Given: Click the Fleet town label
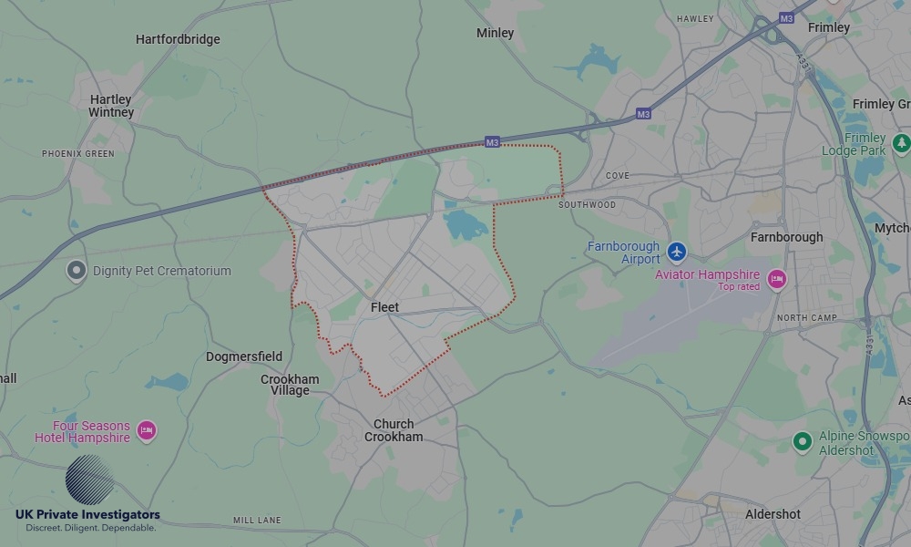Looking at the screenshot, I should pyautogui.click(x=384, y=308).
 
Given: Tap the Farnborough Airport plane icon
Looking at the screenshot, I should pyautogui.click(x=676, y=251).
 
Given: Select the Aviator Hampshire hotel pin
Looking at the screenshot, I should pyautogui.click(x=776, y=279).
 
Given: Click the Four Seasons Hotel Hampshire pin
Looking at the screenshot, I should pyautogui.click(x=146, y=429).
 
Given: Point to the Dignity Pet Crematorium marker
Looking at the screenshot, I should pyautogui.click(x=77, y=270).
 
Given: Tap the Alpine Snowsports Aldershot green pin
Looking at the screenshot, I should pyautogui.click(x=802, y=442).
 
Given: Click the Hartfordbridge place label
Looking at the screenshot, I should pyautogui.click(x=178, y=39).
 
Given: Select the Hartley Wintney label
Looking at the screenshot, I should pyautogui.click(x=111, y=106).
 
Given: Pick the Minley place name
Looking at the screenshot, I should pyautogui.click(x=495, y=33).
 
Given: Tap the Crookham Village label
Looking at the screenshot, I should pyautogui.click(x=290, y=385).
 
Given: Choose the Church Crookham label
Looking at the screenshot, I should pyautogui.click(x=394, y=430).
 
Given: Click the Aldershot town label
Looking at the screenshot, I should pyautogui.click(x=773, y=514).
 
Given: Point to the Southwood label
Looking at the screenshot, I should pyautogui.click(x=587, y=205).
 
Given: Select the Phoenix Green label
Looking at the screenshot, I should pyautogui.click(x=78, y=154).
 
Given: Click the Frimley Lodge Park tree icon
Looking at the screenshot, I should pyautogui.click(x=902, y=143).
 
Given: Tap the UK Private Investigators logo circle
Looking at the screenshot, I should pyautogui.click(x=89, y=480).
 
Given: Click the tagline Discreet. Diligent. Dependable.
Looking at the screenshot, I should pyautogui.click(x=90, y=528).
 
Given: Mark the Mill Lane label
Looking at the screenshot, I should pyautogui.click(x=257, y=521).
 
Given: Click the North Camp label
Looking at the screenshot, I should pyautogui.click(x=806, y=317).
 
